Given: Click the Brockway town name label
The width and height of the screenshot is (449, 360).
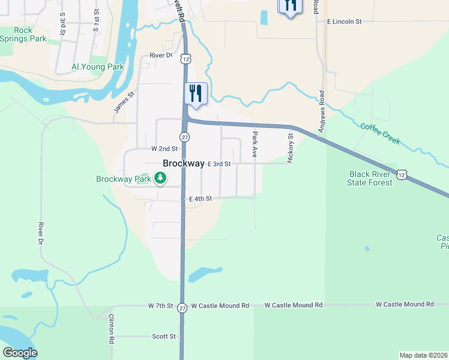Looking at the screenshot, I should pyautogui.click(x=184, y=164).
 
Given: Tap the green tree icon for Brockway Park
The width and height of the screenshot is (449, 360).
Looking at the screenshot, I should pyautogui.click(x=160, y=178).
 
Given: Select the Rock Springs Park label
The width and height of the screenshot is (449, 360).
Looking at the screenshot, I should pyautogui.click(x=23, y=34).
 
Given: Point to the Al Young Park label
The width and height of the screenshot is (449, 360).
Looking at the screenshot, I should pyautogui.click(x=97, y=67).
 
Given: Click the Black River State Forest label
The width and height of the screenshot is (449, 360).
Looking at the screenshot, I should pyautogui.click(x=371, y=178).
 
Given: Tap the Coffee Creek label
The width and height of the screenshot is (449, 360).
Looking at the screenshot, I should pyautogui.click(x=380, y=133).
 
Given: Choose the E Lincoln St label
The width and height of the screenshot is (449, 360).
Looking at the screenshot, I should pyautogui.click(x=345, y=22).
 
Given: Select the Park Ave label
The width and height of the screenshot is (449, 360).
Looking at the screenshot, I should pyautogui.click(x=255, y=144).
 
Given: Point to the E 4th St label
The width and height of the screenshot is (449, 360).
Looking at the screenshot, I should pyautogui.click(x=200, y=199).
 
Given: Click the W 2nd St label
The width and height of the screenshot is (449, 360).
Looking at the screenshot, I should pyautogui.click(x=164, y=148).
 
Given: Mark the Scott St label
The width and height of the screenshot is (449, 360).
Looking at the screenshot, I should pyautogui.click(x=164, y=337).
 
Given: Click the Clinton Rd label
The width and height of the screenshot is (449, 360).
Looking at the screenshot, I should pyautogui.click(x=112, y=329).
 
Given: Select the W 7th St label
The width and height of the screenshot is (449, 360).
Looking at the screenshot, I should pyautogui.click(x=160, y=306).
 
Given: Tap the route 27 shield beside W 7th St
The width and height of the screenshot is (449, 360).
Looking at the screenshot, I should pyautogui.click(x=182, y=307).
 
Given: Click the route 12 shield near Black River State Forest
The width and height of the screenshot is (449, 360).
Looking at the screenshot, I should pyautogui.click(x=402, y=174).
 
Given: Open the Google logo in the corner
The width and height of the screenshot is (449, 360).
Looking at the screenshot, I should pyautogui.click(x=20, y=353).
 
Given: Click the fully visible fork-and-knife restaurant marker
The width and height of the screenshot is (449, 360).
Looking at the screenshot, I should pyautogui.click(x=196, y=94).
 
